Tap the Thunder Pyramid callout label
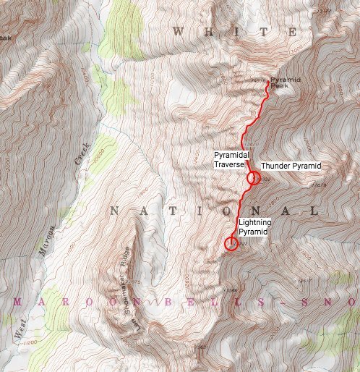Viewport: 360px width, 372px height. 290,166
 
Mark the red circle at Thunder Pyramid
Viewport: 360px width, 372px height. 253,177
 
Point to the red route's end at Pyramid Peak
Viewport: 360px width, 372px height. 268,83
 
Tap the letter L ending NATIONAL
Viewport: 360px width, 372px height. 312,211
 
